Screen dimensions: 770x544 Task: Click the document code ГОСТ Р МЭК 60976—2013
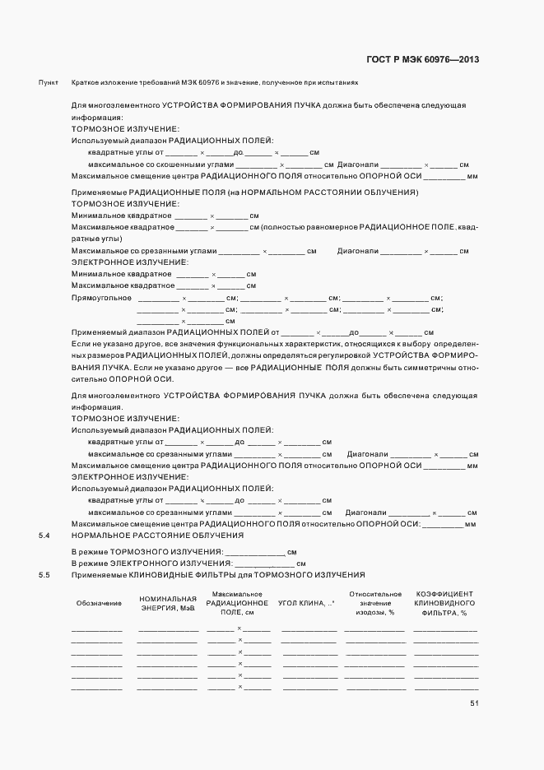421,60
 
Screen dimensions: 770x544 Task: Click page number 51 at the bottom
475,703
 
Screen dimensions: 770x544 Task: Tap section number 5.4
44,536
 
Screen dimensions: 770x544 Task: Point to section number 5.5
44,573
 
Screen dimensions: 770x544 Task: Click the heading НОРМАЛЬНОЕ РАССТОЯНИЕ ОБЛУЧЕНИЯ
156,536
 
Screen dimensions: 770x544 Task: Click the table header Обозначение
99,603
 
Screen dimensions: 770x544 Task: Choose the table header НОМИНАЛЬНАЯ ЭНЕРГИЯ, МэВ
168,603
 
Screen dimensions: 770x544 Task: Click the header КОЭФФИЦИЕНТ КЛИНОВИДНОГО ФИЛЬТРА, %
444,603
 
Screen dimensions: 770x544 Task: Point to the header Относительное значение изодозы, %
375,603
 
